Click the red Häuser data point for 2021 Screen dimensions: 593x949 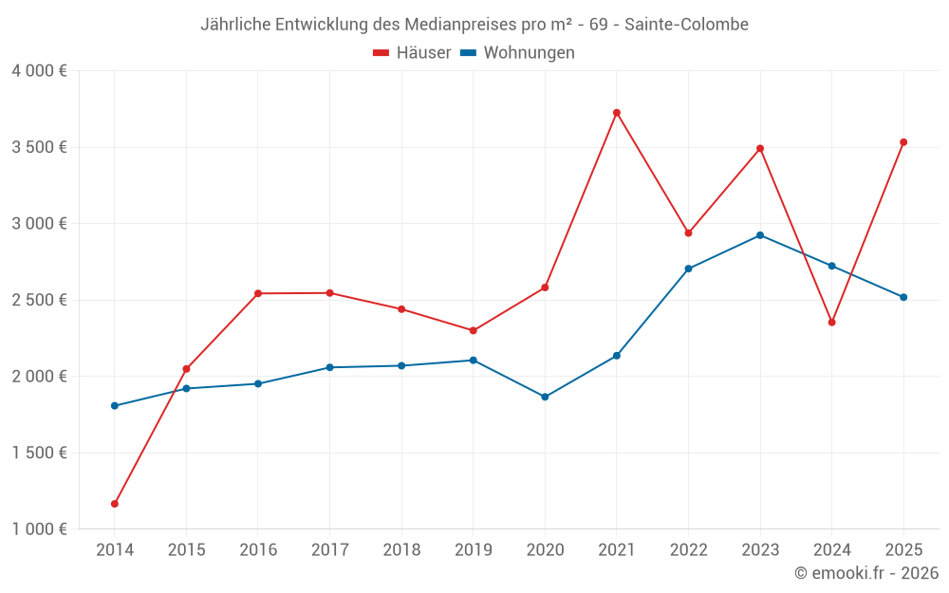617,113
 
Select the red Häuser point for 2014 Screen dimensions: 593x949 115,504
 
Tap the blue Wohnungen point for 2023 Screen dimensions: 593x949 760,235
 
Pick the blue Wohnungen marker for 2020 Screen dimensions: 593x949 545,397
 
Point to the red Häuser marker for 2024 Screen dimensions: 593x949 832,323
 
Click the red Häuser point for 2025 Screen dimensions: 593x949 903,142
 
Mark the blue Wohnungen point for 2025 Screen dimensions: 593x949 903,297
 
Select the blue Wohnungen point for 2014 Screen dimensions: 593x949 115,406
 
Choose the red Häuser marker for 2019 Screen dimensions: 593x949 474,331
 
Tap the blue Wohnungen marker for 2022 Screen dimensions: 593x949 688,269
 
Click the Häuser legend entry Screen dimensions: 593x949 412,53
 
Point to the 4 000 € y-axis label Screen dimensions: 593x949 39,71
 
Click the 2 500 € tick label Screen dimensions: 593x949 39,300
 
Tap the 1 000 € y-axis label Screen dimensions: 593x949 39,529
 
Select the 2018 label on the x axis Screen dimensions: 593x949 401,550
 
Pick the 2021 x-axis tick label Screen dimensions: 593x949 617,550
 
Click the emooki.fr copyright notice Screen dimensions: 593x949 866,573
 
